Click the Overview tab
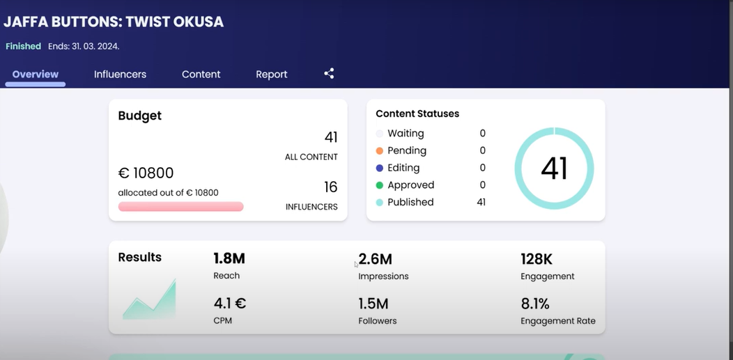pyautogui.click(x=36, y=75)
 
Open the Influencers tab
pyautogui.click(x=120, y=75)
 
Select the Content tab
pyautogui.click(x=201, y=75)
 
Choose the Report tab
pyautogui.click(x=272, y=75)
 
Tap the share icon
pyautogui.click(x=329, y=73)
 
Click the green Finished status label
pyautogui.click(x=24, y=46)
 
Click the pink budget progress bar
pyautogui.click(x=181, y=206)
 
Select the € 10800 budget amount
pyautogui.click(x=146, y=173)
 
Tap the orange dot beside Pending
pyautogui.click(x=380, y=151)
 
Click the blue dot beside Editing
pyautogui.click(x=380, y=168)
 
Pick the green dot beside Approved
pyautogui.click(x=380, y=185)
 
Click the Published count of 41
pyautogui.click(x=481, y=202)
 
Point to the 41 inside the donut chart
pyautogui.click(x=555, y=168)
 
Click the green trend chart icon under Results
pyautogui.click(x=149, y=299)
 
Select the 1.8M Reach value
pyautogui.click(x=229, y=258)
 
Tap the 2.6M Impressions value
pyautogui.click(x=376, y=258)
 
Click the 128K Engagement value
pyautogui.click(x=537, y=258)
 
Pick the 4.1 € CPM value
pyautogui.click(x=229, y=304)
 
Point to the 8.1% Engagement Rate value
pyautogui.click(x=535, y=304)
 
